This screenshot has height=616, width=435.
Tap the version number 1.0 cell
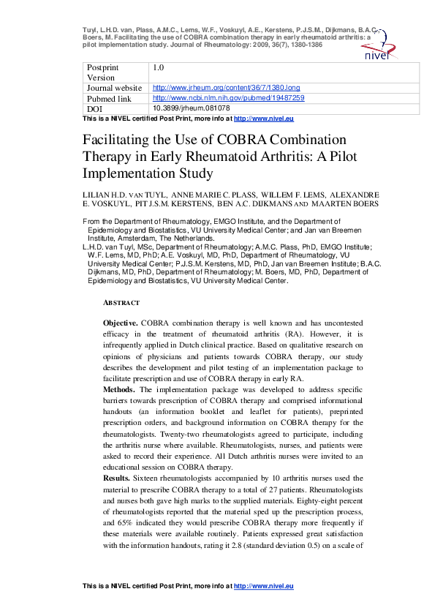158,67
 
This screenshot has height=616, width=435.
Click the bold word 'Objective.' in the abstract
121,323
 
